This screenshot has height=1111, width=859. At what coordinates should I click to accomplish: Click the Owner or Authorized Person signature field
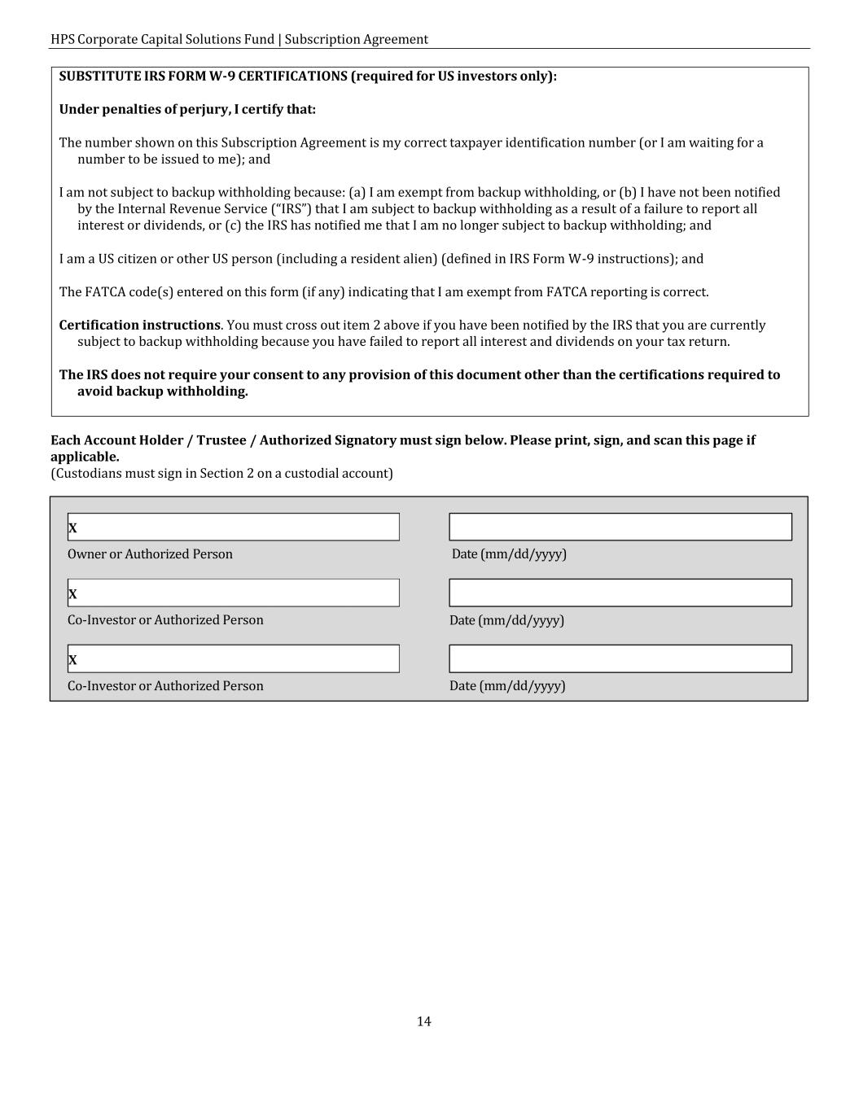(x=234, y=527)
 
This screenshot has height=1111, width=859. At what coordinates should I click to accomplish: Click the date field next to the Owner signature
(x=620, y=527)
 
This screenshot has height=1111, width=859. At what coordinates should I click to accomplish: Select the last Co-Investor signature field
(x=234, y=658)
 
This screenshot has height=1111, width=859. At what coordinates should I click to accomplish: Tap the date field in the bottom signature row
(x=620, y=658)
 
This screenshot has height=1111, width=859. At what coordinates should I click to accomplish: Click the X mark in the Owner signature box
(x=72, y=528)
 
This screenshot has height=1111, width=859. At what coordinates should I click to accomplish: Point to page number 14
(x=423, y=1021)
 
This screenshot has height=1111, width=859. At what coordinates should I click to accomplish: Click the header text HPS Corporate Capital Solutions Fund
(x=162, y=39)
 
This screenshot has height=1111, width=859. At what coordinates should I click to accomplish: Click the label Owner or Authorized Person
(x=150, y=554)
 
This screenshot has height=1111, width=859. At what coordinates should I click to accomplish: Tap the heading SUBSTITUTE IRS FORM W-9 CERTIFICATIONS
(x=204, y=77)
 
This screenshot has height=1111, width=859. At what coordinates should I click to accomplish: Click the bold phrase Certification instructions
(x=139, y=325)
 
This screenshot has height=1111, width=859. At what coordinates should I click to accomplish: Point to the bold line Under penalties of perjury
(x=187, y=109)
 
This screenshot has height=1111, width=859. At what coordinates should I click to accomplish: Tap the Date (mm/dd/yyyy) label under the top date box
(x=509, y=554)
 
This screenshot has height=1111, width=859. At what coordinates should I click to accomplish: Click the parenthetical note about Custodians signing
(x=221, y=474)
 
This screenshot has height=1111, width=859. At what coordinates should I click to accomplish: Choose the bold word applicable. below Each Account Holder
(x=85, y=457)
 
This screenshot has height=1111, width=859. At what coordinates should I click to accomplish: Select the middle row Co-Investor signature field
(x=234, y=593)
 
